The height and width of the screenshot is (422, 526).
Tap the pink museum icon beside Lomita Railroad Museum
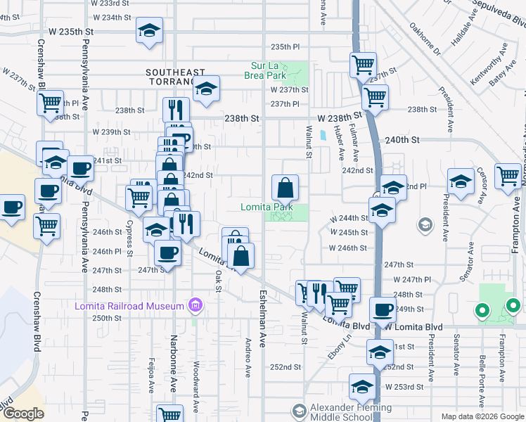[195, 305]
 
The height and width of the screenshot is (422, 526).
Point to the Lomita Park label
[267, 207]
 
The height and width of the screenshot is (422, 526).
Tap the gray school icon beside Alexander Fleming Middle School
[299, 410]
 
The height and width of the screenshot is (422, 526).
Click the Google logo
[23, 414]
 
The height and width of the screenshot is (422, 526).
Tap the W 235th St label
[70, 32]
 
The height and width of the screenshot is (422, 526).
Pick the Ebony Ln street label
[341, 347]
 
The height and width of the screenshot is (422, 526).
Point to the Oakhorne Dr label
[423, 40]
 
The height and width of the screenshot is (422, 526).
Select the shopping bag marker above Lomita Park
[286, 187]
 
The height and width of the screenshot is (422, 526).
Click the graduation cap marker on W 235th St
[148, 30]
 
